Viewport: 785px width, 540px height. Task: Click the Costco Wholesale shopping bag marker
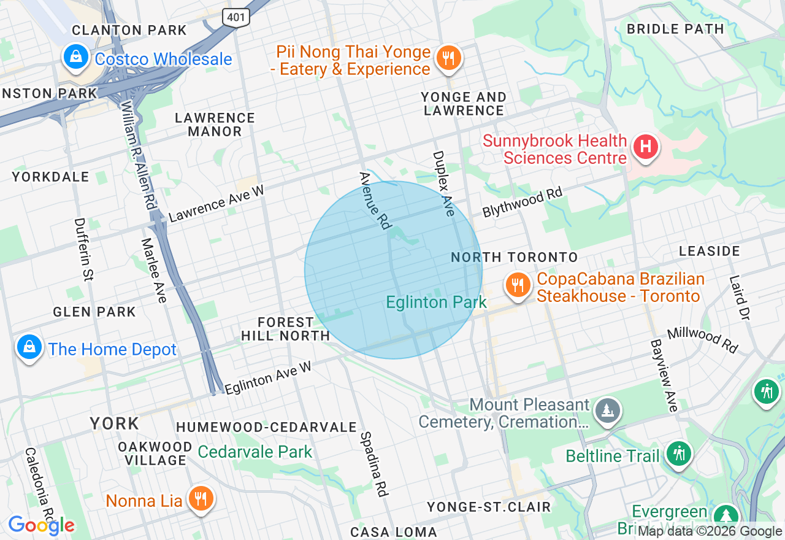click(x=75, y=58)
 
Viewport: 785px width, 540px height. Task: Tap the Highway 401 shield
click(x=236, y=17)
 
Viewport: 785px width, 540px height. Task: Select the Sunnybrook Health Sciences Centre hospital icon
click(x=645, y=147)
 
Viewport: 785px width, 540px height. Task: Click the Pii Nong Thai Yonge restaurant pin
click(x=449, y=59)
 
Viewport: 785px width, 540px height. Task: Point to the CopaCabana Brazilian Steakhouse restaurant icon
click(x=518, y=285)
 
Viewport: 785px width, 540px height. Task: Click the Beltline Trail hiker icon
click(x=678, y=455)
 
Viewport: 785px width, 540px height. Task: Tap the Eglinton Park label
click(x=436, y=302)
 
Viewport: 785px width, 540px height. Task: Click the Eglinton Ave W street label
click(x=268, y=378)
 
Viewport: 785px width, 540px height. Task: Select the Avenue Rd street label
click(x=375, y=200)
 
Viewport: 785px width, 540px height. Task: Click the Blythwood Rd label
click(x=522, y=202)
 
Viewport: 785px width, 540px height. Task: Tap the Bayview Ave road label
click(x=664, y=375)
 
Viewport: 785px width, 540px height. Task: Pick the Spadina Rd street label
click(x=374, y=463)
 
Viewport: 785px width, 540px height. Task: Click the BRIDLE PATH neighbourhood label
click(x=675, y=29)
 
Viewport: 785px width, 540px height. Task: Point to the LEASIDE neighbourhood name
click(x=710, y=251)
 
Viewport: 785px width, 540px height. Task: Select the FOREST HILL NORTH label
click(x=285, y=329)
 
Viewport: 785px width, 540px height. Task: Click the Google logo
click(x=41, y=525)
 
